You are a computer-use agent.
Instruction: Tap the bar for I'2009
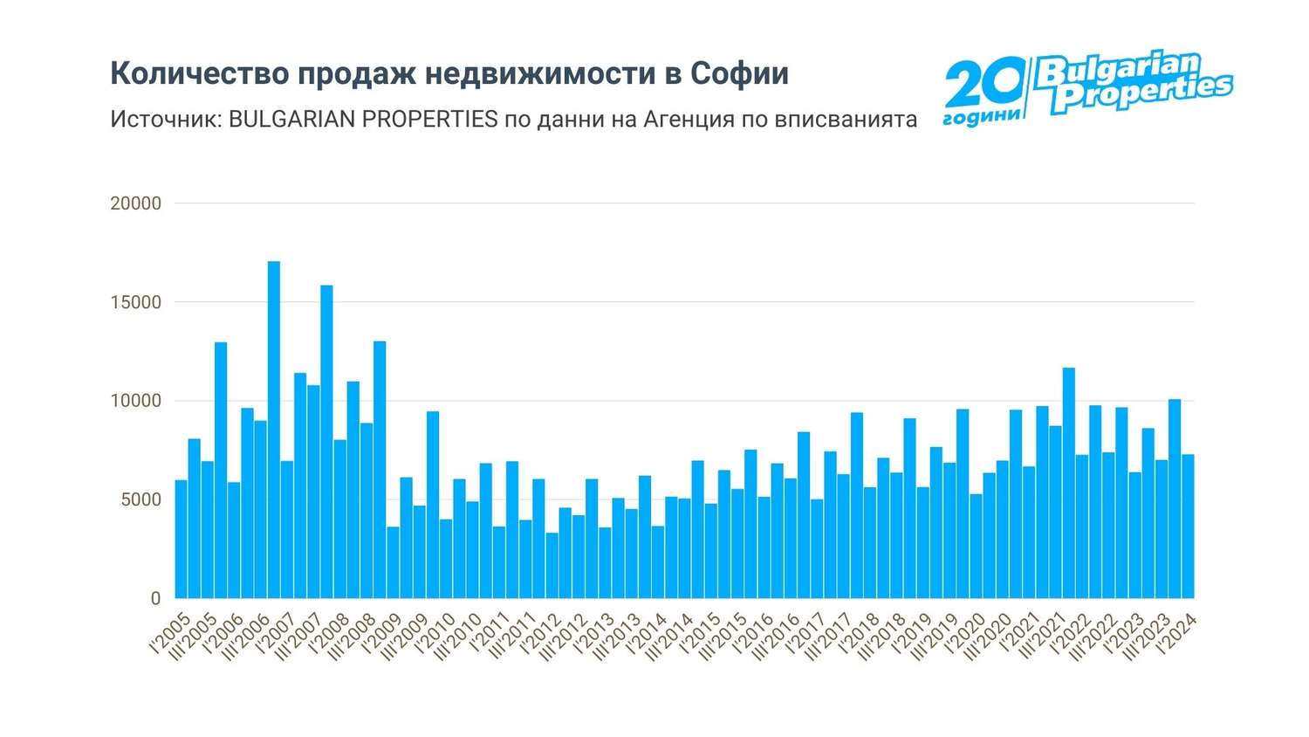pos(393,562)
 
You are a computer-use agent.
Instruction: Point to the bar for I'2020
pos(976,546)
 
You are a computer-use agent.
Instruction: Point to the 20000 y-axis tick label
pos(136,203)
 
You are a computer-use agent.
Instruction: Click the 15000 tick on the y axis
pos(136,302)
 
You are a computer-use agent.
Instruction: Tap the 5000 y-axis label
pos(140,499)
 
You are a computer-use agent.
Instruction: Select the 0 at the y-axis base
pos(156,599)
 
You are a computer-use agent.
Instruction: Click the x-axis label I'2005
pos(170,635)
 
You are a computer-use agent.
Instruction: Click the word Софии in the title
pos(739,74)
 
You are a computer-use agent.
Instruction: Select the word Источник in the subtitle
pos(165,119)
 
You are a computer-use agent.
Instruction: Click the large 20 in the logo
pos(983,86)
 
